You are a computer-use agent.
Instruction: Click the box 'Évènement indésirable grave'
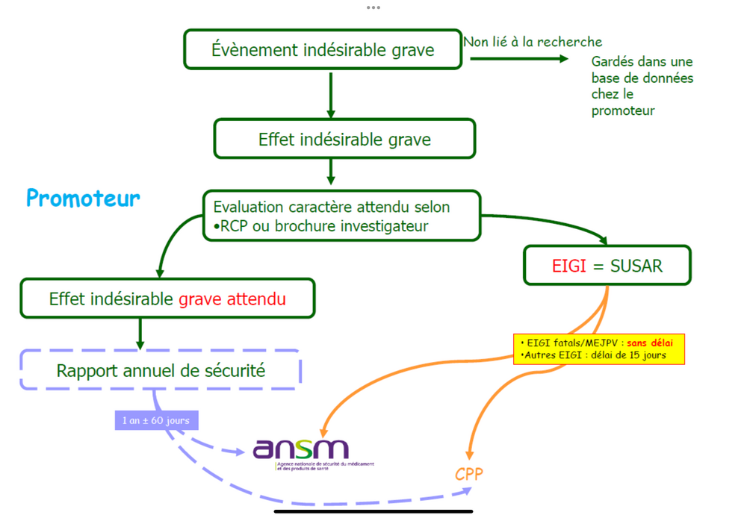coord(323,50)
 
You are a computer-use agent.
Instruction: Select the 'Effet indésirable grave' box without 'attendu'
coord(344,139)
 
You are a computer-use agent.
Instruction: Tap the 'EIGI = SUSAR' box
coord(607,265)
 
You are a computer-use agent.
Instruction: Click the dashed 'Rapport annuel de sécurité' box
coord(160,369)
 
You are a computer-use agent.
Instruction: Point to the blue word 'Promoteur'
coord(83,199)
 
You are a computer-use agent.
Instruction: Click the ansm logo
coord(301,449)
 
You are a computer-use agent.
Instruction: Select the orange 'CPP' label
coord(469,474)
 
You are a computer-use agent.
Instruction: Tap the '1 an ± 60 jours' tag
coord(155,420)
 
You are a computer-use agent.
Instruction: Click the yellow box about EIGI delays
coord(598,349)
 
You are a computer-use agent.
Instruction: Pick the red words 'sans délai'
coord(650,343)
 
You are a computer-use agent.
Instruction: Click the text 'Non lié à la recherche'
coord(533,42)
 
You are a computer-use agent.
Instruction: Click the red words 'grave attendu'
coord(232,299)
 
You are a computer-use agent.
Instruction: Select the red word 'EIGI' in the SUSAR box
coord(569,265)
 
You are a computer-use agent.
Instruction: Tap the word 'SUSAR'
coord(635,265)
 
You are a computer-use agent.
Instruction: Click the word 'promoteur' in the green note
coord(623,110)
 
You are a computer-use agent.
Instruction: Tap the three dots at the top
coord(373,7)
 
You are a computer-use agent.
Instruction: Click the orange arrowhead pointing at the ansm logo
coord(323,432)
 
